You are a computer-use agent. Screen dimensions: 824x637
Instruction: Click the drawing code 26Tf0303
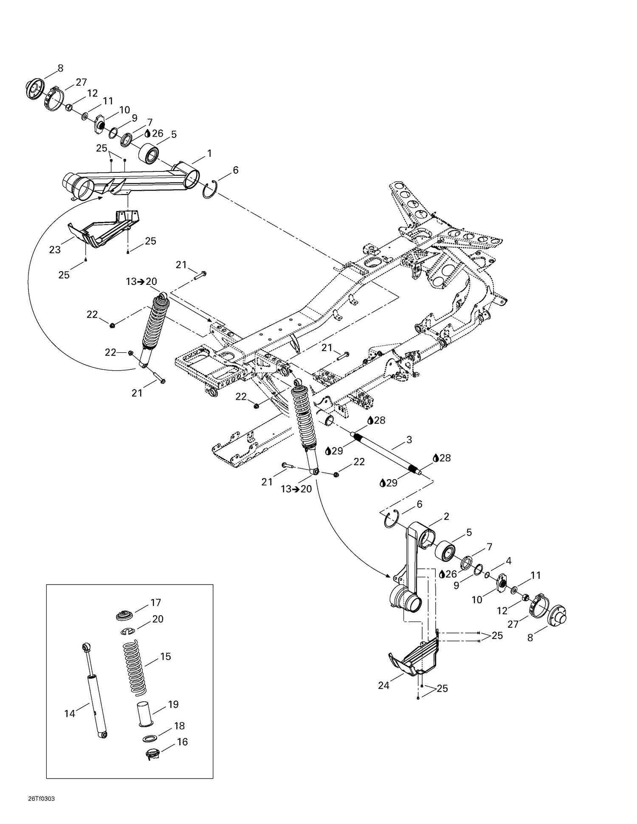coord(41,798)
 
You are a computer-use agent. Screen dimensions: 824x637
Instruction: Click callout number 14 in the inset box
coord(69,714)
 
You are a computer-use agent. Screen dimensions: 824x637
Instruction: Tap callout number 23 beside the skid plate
coord(55,250)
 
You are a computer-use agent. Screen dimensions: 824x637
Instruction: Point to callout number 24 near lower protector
coord(383,686)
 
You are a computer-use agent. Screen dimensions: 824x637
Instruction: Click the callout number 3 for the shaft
coord(409,440)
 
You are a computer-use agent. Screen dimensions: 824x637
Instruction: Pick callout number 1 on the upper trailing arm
coord(209,153)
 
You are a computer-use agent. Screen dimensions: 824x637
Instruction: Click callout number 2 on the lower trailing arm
coord(446,517)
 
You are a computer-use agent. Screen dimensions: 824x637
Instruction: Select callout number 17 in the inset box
coord(155,602)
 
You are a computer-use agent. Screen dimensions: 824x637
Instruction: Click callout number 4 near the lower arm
coord(508,561)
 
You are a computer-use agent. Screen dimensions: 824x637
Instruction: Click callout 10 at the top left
coord(124,110)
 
